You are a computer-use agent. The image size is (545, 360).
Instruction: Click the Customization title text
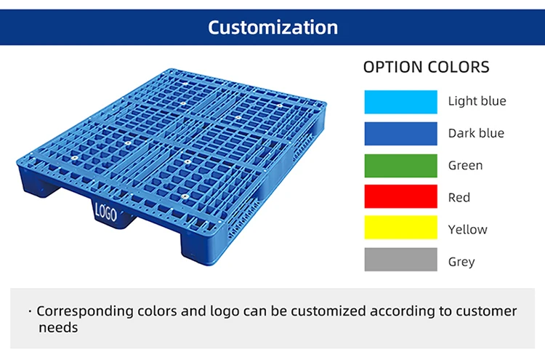[x=272, y=28]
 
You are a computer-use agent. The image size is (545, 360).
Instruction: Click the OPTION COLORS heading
[x=426, y=68]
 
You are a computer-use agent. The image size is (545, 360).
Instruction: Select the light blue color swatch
[x=400, y=102]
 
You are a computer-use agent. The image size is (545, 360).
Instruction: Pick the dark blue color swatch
[x=400, y=134]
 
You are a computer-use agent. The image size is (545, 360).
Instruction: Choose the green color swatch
[x=400, y=166]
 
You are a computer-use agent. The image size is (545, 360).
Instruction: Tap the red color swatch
[x=400, y=197]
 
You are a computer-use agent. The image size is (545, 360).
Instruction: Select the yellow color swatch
[x=400, y=228]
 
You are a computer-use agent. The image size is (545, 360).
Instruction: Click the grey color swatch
[x=400, y=260]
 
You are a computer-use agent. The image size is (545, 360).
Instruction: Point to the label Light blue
[x=477, y=102]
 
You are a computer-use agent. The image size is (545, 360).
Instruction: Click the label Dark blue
[x=476, y=134]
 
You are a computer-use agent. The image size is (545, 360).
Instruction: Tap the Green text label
[x=465, y=166]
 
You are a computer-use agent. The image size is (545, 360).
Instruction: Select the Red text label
[x=459, y=197]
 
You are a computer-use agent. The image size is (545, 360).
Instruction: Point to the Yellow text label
[x=467, y=229]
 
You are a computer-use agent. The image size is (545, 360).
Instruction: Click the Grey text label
[x=461, y=261]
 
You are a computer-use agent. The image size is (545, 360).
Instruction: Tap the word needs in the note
[x=58, y=328]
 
